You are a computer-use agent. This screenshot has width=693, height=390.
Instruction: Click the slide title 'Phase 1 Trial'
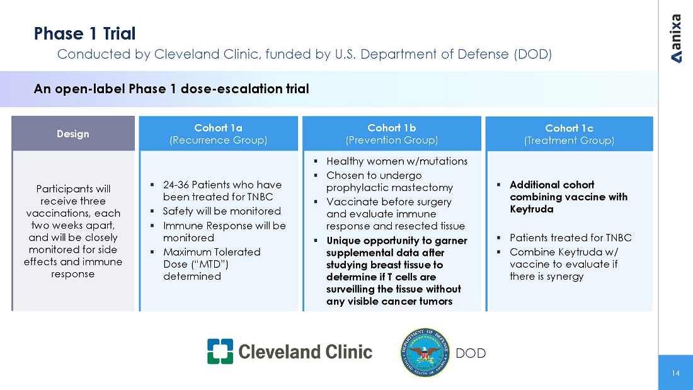click(84, 33)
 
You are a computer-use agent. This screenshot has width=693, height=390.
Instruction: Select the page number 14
click(675, 373)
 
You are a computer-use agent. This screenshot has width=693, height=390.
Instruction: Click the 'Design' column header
click(73, 134)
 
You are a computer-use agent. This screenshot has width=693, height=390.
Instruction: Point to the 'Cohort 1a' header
click(218, 128)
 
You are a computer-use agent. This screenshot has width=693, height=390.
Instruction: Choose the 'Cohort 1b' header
click(391, 128)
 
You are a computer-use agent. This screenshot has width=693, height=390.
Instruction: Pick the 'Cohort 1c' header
click(569, 129)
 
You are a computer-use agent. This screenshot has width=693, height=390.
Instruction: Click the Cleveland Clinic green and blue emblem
click(220, 352)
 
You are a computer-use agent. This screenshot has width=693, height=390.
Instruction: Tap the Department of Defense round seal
click(423, 352)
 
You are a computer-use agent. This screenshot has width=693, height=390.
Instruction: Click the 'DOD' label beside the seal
click(471, 353)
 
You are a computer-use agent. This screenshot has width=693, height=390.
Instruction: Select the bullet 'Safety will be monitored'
click(222, 211)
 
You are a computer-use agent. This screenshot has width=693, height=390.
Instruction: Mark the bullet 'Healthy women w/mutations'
click(396, 161)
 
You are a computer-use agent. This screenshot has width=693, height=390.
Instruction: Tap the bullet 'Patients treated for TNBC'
click(570, 238)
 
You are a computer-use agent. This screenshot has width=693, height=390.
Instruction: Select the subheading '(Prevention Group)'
click(391, 140)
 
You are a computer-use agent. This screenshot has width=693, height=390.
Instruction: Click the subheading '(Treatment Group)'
click(569, 141)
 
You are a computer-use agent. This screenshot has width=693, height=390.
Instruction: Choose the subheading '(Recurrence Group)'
click(218, 140)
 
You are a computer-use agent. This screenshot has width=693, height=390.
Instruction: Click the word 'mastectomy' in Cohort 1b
click(421, 188)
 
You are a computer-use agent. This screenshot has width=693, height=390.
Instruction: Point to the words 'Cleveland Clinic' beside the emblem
click(305, 352)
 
